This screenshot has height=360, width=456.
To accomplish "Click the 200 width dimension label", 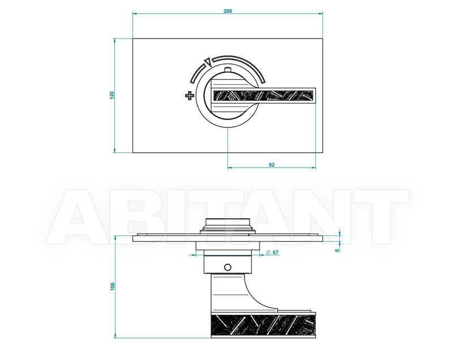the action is (227, 11).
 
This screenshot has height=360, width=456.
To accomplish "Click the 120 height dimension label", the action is (112, 95).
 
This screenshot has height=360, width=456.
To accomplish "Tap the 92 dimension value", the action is (272, 165).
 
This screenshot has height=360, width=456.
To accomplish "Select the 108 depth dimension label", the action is (113, 286).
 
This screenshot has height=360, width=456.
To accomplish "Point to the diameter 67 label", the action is (272, 252).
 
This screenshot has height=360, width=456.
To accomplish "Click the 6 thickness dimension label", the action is (337, 250).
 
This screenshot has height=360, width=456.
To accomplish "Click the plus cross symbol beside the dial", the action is (190, 96).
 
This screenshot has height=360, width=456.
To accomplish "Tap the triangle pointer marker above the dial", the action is (208, 62).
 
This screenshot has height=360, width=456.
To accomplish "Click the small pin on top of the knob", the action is (227, 70).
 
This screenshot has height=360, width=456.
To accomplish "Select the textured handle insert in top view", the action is (264, 96).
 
